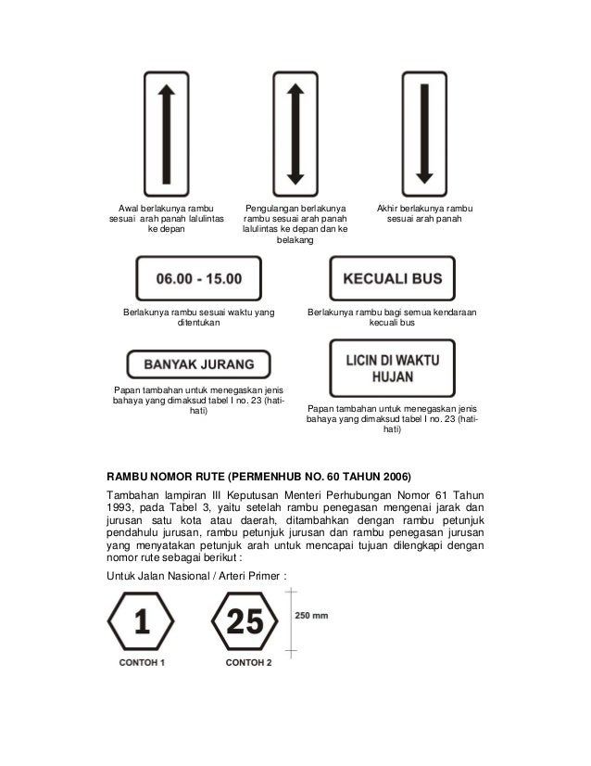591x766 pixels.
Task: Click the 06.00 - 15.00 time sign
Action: coord(199,278)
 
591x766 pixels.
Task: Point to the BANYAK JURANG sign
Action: coord(197,363)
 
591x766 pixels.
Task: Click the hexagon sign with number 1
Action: coord(142,623)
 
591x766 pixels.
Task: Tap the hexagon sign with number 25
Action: coord(246,623)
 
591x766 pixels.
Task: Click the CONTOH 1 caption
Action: coord(142,663)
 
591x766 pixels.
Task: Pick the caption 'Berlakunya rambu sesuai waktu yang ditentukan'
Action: coord(199,319)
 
